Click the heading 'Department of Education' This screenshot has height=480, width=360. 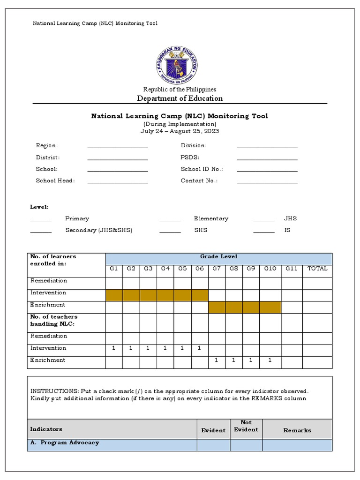tap(180, 98)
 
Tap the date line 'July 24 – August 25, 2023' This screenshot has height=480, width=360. tap(180, 131)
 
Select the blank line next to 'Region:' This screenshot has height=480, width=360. tap(118, 146)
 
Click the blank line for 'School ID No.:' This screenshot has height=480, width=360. tap(267, 170)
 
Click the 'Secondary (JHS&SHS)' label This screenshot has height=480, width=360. tap(98, 231)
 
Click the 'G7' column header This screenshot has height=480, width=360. tap(217, 269)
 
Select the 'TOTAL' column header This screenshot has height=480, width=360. tap(317, 269)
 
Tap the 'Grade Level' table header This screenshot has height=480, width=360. tap(219, 256)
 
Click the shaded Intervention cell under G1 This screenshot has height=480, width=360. tap(114, 295)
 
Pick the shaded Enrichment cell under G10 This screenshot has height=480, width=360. tap(270, 307)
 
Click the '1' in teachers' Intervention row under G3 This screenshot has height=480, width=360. tap(148, 348)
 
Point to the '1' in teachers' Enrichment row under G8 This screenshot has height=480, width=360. tap(233, 360)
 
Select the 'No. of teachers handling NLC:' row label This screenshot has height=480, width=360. tap(54, 321)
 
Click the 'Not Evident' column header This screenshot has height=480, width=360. tap(246, 426)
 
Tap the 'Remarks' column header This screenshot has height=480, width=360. tap(297, 430)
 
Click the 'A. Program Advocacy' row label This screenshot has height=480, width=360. tap(65, 442)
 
